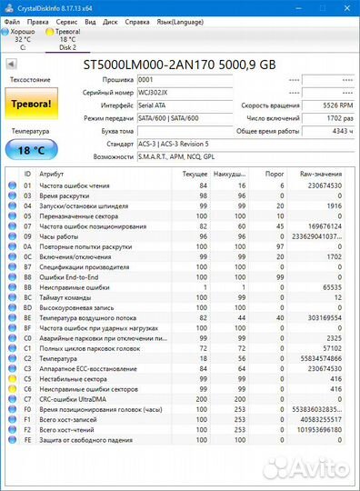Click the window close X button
pyautogui.click(x=347, y=6)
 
